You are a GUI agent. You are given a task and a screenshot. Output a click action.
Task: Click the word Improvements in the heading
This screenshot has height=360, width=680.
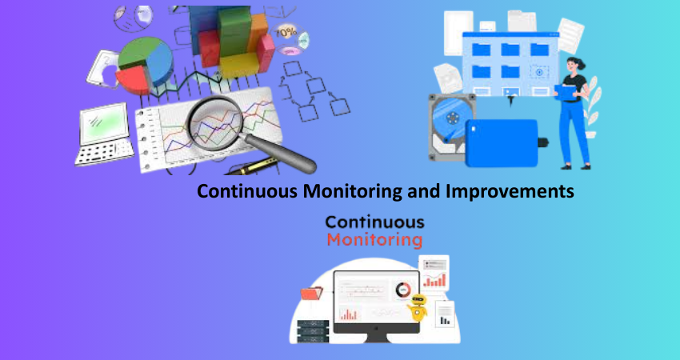pyautogui.click(x=510, y=191)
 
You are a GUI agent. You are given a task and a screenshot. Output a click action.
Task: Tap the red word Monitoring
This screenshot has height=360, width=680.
pyautogui.click(x=374, y=240)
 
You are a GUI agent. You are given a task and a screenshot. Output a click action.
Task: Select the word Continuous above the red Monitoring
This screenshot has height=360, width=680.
pyautogui.click(x=374, y=222)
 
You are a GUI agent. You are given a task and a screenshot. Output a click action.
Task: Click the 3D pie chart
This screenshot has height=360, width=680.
pyautogui.click(x=146, y=65)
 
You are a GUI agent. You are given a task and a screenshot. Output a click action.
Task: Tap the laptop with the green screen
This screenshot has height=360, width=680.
pyautogui.click(x=105, y=134)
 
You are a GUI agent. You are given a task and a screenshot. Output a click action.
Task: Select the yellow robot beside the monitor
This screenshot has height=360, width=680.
pyautogui.click(x=418, y=307)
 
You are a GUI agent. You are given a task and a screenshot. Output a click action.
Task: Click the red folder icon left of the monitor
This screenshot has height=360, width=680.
pyautogui.click(x=311, y=294)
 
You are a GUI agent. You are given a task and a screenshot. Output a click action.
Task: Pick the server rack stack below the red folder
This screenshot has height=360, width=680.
pyautogui.click(x=313, y=332)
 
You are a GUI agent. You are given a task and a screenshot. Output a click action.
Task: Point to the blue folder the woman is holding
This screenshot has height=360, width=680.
pyautogui.click(x=565, y=91)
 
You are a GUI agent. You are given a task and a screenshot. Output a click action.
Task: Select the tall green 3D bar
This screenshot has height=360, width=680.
pyautogui.click(x=234, y=34)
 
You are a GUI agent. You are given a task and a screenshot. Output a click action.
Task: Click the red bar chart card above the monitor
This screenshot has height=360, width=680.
pyautogui.click(x=434, y=273)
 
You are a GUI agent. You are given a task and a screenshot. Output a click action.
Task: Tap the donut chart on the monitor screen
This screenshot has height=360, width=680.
pyautogui.click(x=403, y=290)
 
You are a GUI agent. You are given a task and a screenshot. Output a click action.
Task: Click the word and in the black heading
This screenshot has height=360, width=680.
pyautogui.click(x=425, y=191)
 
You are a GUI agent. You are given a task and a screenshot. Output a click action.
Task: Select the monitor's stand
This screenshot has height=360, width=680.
pyautogui.click(x=376, y=338)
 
